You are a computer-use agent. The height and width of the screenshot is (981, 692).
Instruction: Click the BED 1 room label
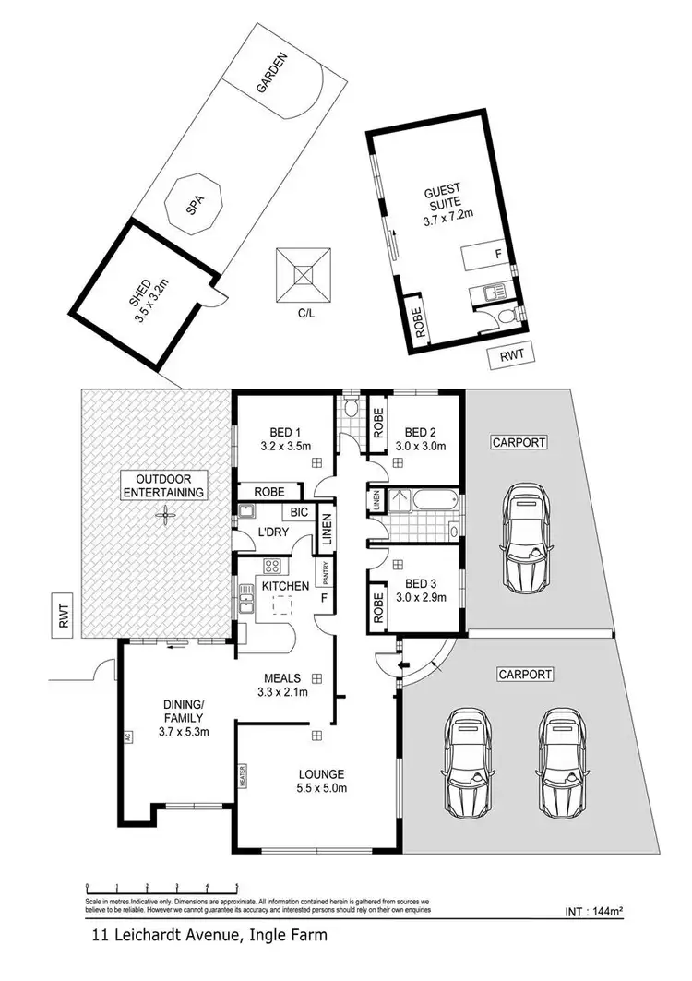pyautogui.click(x=285, y=432)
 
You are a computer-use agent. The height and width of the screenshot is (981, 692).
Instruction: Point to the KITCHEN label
pyautogui.click(x=285, y=586)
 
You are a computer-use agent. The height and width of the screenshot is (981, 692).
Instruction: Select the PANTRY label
pyautogui.click(x=326, y=575)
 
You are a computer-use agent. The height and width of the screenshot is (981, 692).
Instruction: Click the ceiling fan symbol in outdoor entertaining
pyautogui.click(x=165, y=519)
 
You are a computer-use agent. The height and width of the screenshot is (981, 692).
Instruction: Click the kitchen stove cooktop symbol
pyautogui.click(x=273, y=566)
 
